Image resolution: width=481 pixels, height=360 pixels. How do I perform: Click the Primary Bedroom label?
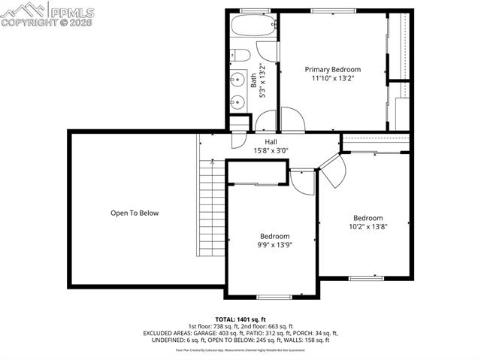332,69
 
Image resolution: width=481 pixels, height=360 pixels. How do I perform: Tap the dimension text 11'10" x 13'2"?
332,77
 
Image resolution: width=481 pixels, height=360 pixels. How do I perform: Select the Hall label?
271,141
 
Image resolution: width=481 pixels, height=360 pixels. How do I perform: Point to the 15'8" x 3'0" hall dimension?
271,150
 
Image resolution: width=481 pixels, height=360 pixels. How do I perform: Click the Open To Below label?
135,213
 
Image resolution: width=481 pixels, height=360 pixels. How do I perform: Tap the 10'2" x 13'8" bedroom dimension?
368,226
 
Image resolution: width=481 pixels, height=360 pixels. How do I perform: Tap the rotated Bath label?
253,81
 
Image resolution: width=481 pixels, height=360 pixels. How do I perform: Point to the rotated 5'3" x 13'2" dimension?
262,81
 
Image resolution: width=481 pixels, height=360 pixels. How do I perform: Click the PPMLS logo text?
74,11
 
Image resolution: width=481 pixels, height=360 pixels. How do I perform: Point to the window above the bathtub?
255,10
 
